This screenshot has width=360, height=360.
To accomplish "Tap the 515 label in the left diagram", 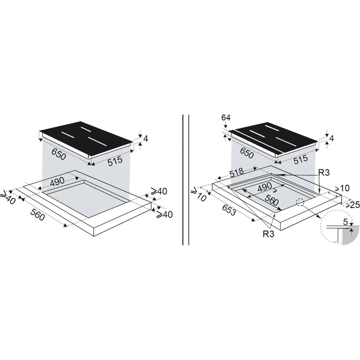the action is click(115, 160).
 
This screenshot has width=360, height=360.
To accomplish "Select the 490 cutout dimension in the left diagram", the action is click(57, 182).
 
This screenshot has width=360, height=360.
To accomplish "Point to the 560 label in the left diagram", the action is click(37, 215).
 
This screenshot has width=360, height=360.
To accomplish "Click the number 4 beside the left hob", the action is click(145, 139).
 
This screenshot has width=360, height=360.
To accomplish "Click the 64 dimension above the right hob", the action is click(226, 118).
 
